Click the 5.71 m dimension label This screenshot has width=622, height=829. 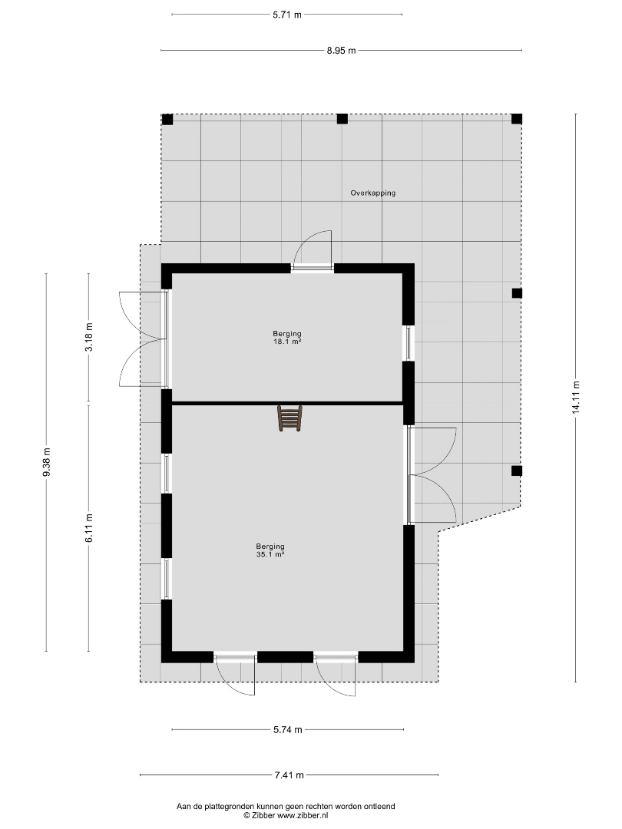(287, 15)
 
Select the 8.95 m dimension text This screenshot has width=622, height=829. (341, 51)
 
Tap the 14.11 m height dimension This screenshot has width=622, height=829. (576, 398)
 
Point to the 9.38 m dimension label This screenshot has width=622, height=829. (47, 462)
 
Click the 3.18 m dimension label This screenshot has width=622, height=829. (89, 337)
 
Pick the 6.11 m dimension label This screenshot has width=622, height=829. (89, 527)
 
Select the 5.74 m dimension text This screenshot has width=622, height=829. (288, 730)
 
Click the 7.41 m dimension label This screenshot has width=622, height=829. (289, 775)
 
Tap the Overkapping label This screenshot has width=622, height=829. (373, 193)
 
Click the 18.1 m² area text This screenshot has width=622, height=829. (287, 342)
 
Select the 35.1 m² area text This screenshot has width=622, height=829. (270, 555)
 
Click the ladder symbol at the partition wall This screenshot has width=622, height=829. (289, 418)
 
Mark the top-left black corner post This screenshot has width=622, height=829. (167, 119)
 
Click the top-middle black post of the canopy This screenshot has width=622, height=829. (342, 119)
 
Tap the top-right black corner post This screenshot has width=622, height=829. (517, 119)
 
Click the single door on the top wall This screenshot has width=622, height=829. (313, 251)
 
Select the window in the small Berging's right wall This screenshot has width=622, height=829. (409, 343)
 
